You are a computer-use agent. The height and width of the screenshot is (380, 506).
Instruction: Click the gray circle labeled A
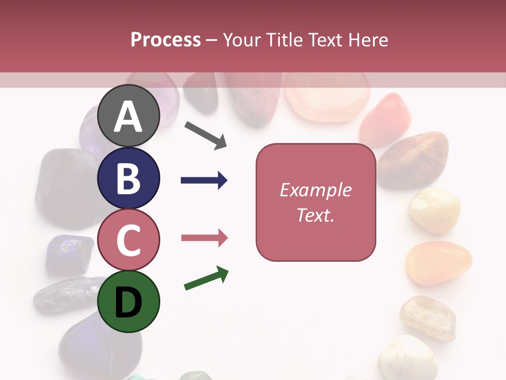[129, 116]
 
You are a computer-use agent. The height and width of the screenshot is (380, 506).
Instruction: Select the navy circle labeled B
[129, 178]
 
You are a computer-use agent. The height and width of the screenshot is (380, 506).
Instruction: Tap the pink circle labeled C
[129, 240]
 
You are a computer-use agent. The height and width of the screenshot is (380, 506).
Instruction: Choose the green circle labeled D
[129, 301]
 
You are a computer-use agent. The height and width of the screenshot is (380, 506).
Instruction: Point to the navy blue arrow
[204, 180]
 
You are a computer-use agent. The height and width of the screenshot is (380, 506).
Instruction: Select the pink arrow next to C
[204, 238]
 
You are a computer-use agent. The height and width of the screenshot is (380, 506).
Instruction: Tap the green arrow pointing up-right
[206, 279]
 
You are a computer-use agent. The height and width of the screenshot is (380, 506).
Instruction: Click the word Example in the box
[315, 190]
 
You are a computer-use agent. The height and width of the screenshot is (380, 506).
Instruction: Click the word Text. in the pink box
[315, 215]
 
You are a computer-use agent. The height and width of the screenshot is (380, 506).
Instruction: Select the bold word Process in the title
[166, 40]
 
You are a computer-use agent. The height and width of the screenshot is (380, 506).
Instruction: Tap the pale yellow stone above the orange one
[434, 210]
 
